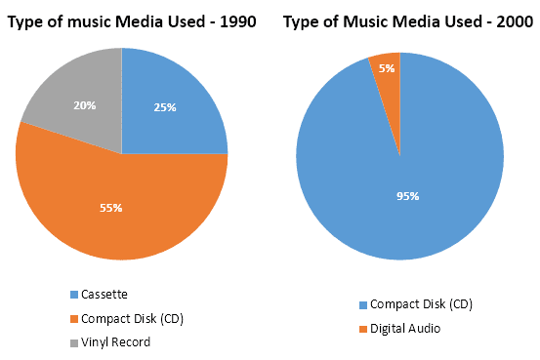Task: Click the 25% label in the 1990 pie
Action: (164, 107)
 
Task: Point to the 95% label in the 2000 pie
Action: (407, 196)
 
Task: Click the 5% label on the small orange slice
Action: (387, 68)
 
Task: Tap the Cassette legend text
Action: (104, 294)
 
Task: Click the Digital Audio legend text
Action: (404, 329)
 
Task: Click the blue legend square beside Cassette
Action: (74, 295)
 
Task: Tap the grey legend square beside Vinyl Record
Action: (74, 342)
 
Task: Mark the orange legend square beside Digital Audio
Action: (362, 330)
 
